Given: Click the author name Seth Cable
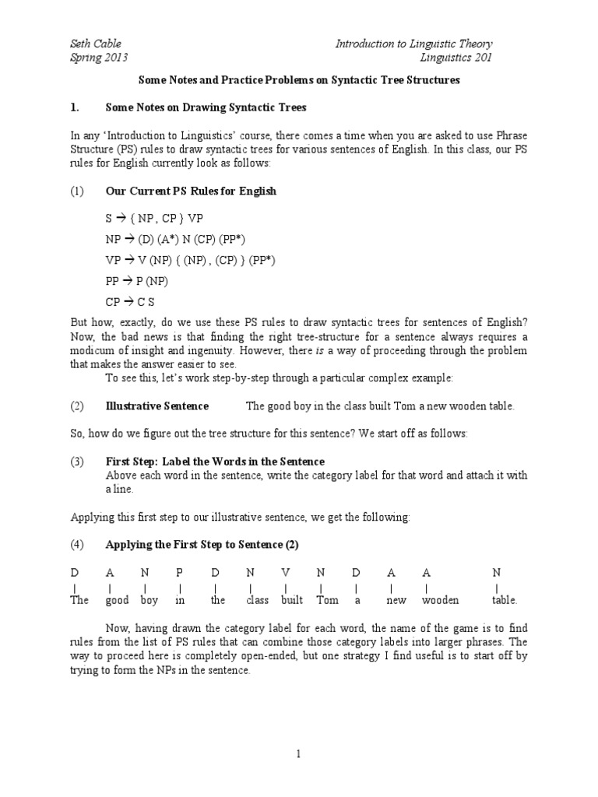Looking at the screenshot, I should [97, 44].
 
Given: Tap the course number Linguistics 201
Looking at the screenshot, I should [456, 58].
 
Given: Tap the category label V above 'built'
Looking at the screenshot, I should [286, 572].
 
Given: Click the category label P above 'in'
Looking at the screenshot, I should [179, 572].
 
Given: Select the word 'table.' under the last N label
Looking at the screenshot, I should [504, 600].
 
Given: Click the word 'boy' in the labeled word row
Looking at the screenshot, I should [149, 600].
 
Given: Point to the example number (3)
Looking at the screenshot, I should [77, 462].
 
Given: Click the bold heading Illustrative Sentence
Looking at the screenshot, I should [157, 406].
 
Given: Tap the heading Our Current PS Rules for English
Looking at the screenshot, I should [191, 191].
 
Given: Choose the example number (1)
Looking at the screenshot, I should [77, 191].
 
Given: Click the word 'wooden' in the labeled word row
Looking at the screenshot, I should [440, 600].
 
